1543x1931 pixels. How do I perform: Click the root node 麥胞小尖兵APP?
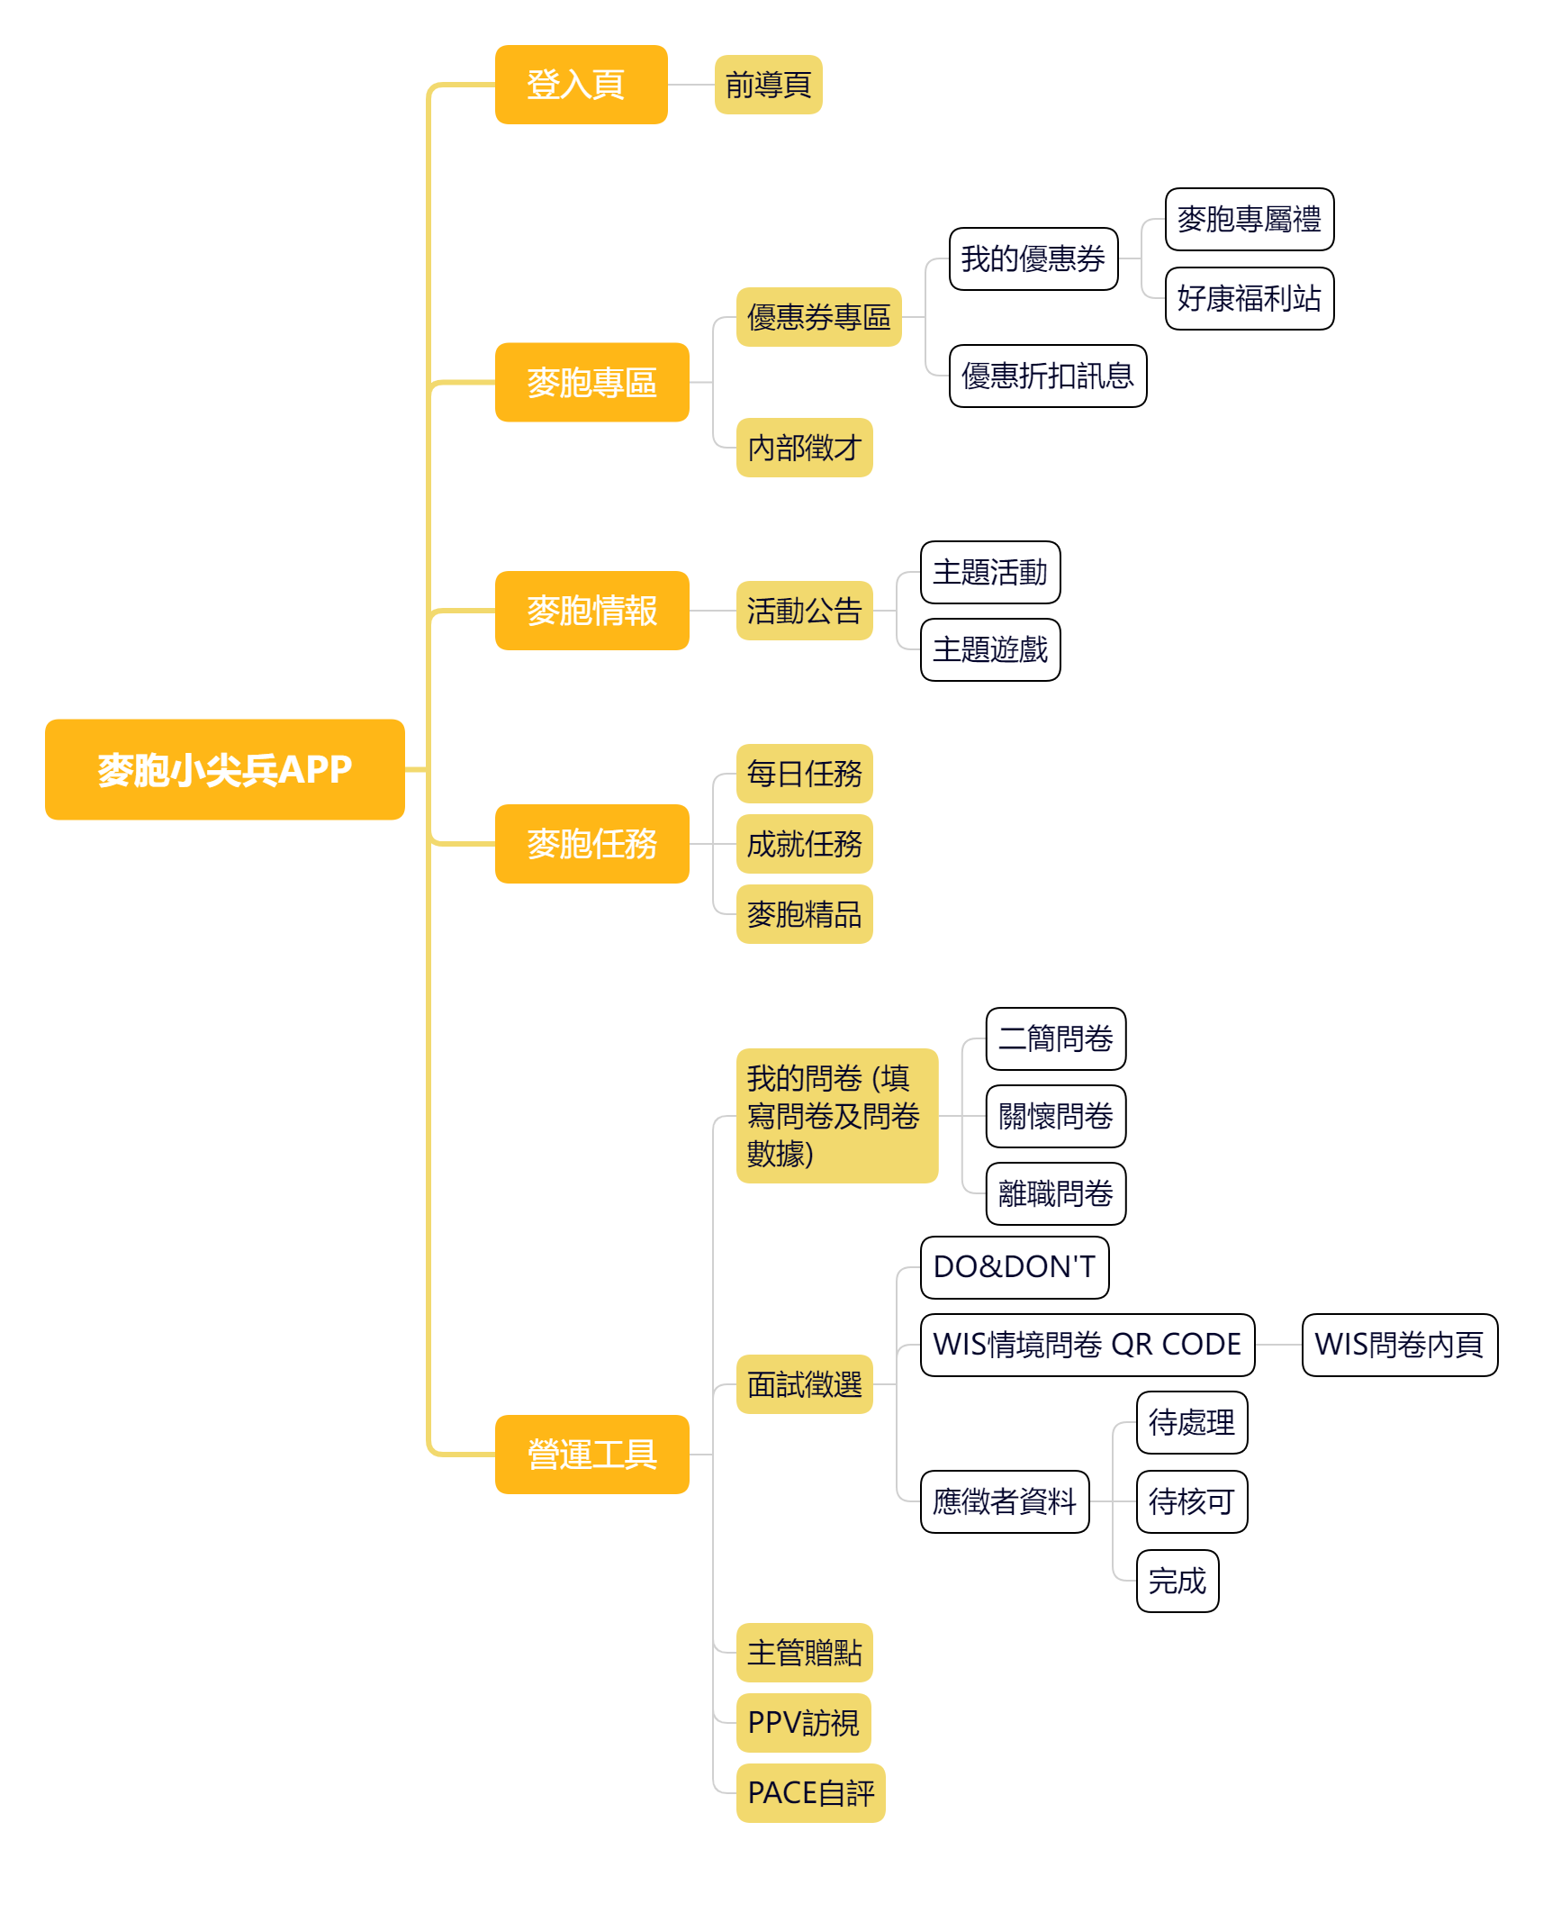[224, 769]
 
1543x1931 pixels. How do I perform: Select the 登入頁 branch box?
[581, 85]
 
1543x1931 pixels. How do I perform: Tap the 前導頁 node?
[768, 85]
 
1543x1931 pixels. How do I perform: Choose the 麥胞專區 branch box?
[591, 382]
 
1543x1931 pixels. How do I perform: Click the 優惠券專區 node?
[818, 317]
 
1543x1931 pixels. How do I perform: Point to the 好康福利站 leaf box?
[1249, 298]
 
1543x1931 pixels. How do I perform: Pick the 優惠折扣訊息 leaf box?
[1047, 376]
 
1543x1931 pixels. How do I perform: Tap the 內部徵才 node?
[804, 448]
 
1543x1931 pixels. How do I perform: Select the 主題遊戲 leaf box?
[990, 649]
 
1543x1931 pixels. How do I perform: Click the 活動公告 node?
[804, 611]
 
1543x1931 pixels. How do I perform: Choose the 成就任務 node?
[804, 844]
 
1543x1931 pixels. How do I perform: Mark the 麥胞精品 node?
[804, 914]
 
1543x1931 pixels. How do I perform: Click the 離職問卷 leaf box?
[1055, 1193]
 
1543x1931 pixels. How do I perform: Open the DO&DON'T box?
[1014, 1267]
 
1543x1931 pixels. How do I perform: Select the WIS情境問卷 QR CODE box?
[1087, 1345]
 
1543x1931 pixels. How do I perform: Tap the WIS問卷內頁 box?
[1399, 1345]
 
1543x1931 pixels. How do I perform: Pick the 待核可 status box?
[1191, 1501]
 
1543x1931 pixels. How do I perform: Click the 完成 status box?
[1177, 1581]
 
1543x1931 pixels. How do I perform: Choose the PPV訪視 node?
[803, 1723]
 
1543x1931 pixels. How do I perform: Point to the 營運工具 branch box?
[591, 1455]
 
